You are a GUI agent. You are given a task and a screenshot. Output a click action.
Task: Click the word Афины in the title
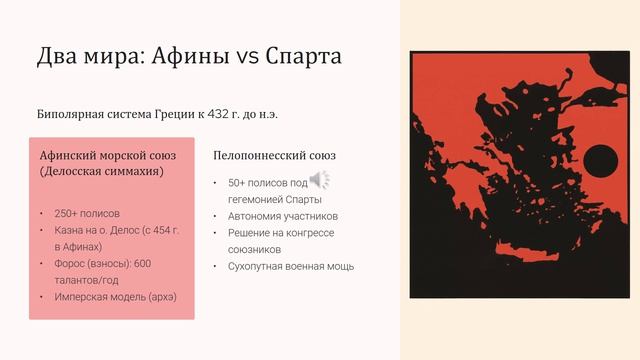[x=190, y=56]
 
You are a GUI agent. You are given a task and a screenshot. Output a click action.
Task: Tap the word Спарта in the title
[x=303, y=56]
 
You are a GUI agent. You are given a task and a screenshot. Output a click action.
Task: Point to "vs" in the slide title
[x=247, y=58]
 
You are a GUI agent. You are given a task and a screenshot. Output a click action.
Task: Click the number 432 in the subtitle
[x=218, y=114]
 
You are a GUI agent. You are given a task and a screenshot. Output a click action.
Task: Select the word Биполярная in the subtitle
[x=70, y=114]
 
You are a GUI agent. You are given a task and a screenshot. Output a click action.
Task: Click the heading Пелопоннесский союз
[x=274, y=156]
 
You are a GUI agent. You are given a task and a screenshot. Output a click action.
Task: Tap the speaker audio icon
[x=320, y=180]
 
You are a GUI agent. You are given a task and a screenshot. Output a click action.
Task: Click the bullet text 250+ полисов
[x=87, y=213]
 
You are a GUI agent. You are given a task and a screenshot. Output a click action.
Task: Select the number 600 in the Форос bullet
[x=142, y=264]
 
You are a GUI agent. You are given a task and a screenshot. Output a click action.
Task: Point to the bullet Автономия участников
[x=283, y=216]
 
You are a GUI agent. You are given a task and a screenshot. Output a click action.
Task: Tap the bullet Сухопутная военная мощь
[x=291, y=267]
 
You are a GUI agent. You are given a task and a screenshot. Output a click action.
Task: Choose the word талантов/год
[x=87, y=280]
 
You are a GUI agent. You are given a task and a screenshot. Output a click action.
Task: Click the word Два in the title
[x=57, y=56]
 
